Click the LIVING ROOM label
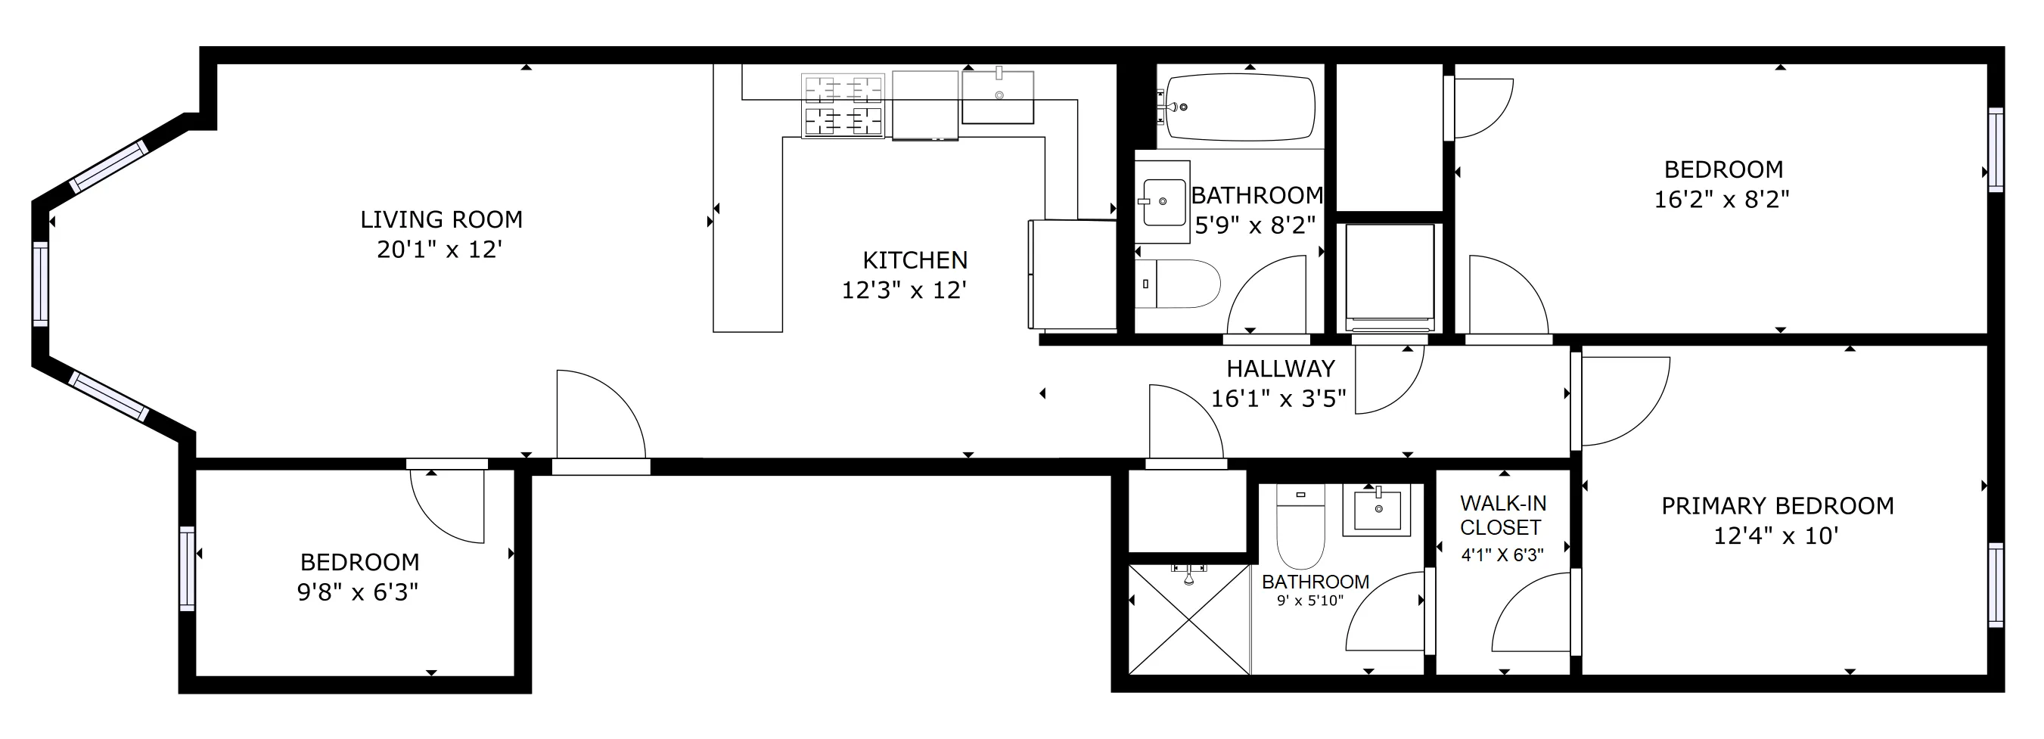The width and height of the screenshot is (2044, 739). [441, 220]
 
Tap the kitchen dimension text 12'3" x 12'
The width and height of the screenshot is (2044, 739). [904, 290]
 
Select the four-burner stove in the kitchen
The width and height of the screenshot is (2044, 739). [843, 106]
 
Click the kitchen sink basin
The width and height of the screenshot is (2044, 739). [997, 98]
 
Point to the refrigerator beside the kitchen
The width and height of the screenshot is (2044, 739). [1071, 275]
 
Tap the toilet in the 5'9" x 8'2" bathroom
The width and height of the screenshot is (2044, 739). [1179, 284]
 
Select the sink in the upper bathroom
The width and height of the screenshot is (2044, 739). [1162, 202]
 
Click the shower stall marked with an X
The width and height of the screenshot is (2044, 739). [1188, 619]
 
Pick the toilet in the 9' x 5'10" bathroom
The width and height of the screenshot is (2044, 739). [1300, 527]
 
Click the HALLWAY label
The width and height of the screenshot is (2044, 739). [1281, 369]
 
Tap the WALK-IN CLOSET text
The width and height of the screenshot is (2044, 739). [1503, 515]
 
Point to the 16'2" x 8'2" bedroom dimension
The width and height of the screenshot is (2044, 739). [1722, 200]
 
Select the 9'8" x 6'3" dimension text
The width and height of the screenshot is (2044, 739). [358, 593]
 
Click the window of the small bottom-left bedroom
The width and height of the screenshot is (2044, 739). [188, 568]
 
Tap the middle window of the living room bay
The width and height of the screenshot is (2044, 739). [40, 284]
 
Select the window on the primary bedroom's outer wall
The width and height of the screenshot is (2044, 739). [1996, 584]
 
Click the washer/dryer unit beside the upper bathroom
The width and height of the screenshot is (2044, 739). [1389, 278]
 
